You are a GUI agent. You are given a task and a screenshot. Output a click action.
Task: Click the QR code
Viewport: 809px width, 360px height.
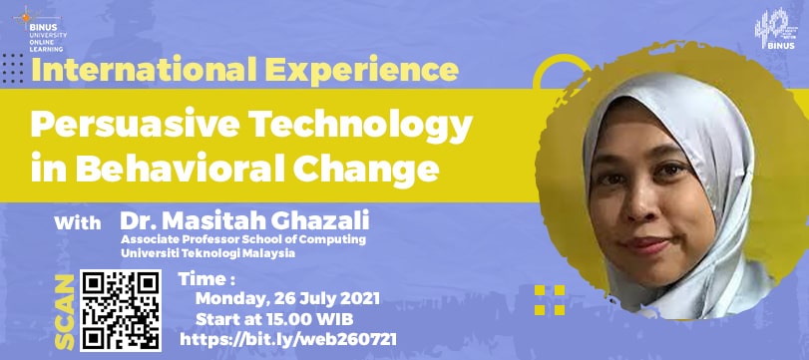click(x=121, y=310)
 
